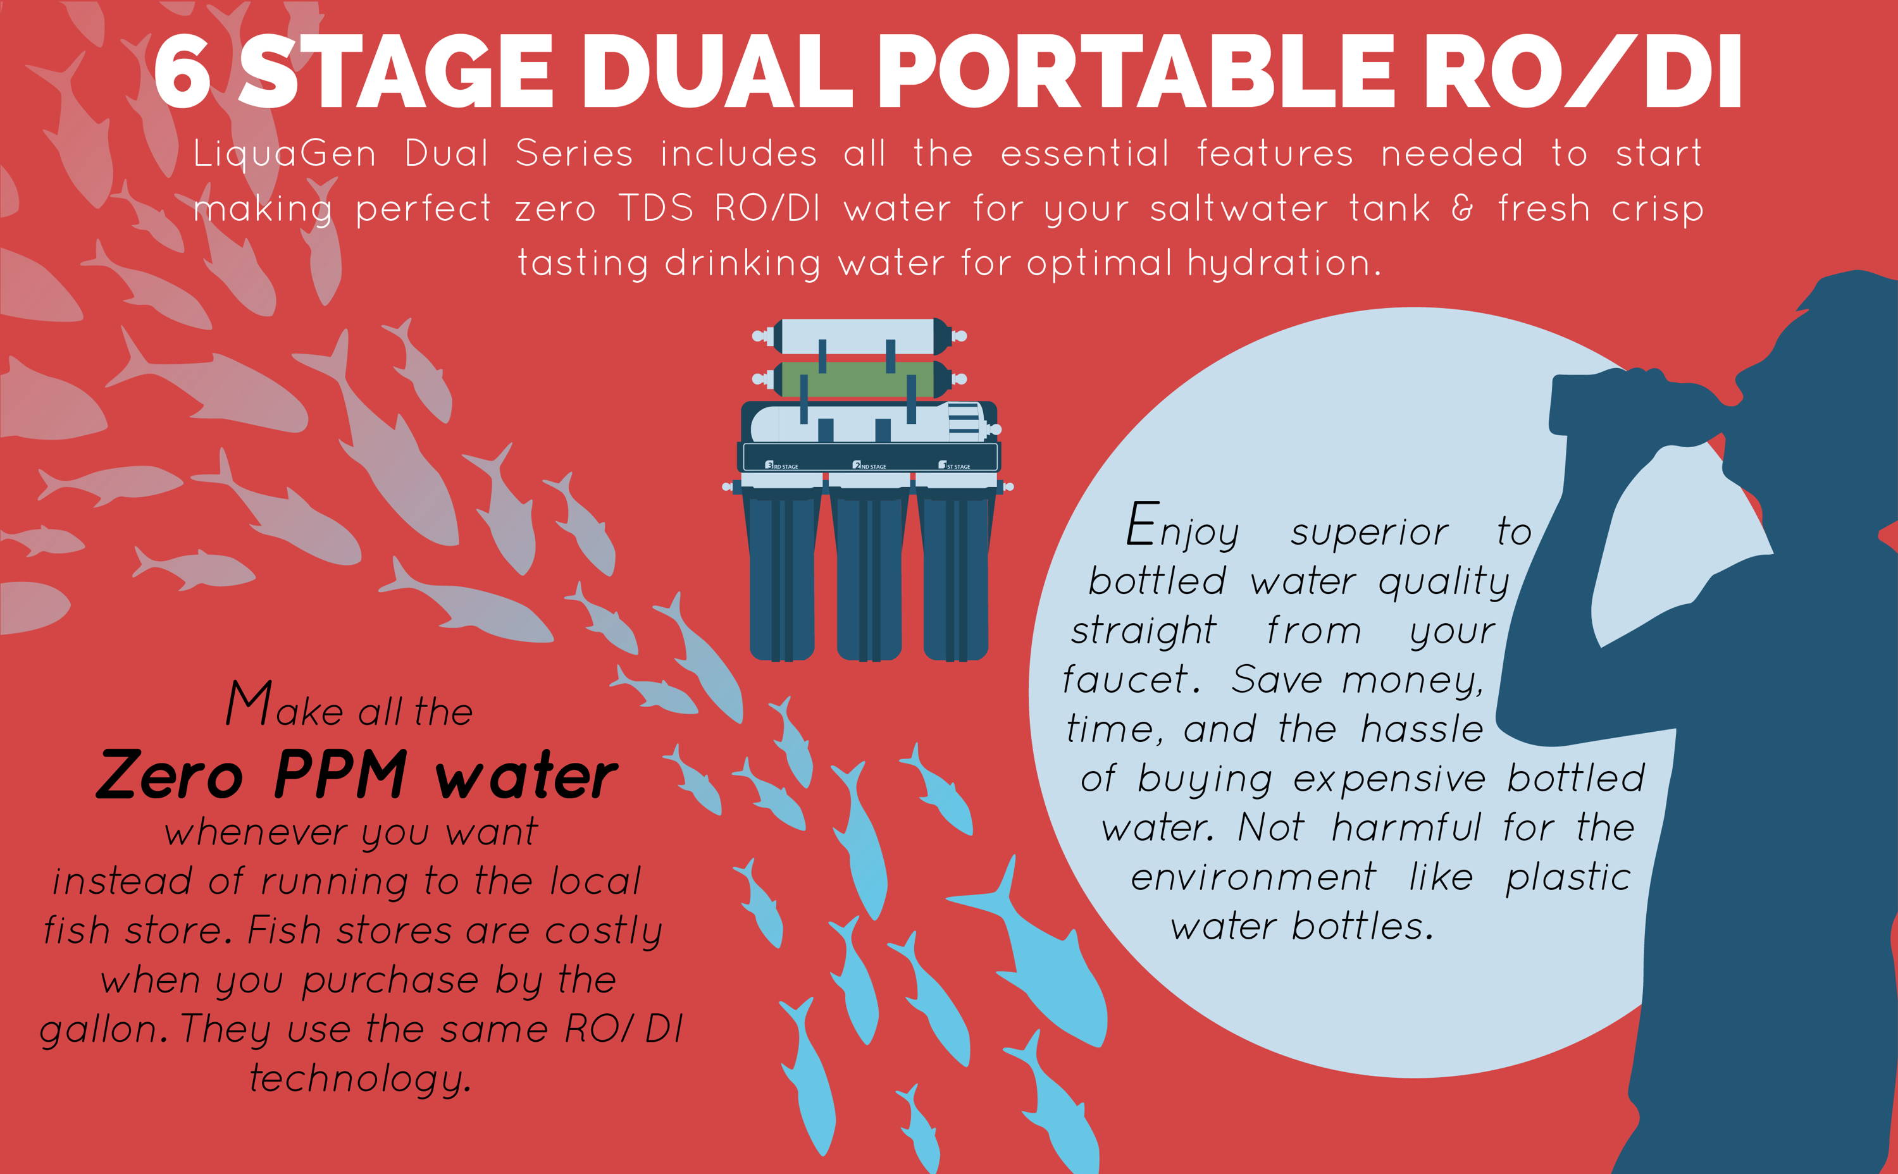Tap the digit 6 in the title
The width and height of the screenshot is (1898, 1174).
click(x=182, y=71)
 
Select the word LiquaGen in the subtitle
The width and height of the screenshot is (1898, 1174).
click(x=285, y=154)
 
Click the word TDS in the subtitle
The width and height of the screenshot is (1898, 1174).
click(x=656, y=209)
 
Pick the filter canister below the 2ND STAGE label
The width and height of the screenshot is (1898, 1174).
click(x=869, y=574)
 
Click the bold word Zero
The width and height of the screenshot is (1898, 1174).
click(x=170, y=775)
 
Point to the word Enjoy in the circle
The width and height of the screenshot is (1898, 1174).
click(x=1182, y=529)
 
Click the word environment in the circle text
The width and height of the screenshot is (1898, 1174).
click(x=1253, y=877)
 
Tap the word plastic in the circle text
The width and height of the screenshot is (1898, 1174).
click(x=1568, y=878)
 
